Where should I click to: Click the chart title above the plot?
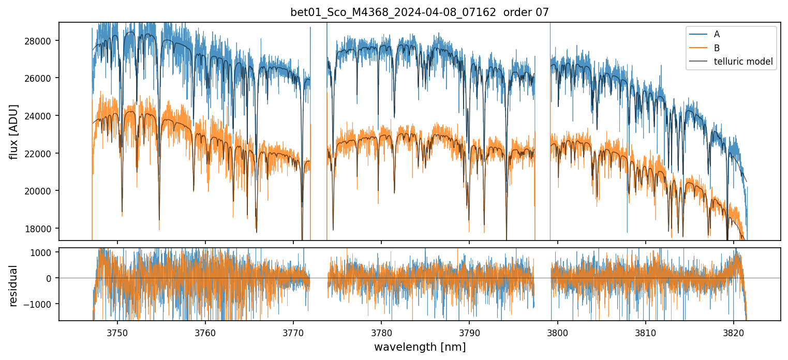click(x=419, y=12)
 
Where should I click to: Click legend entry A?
click(x=717, y=34)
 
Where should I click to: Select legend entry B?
click(x=717, y=48)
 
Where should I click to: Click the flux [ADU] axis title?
click(x=14, y=131)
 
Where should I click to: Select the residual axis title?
click(x=14, y=285)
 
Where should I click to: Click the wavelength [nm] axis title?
click(x=420, y=347)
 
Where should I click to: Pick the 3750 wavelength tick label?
click(x=117, y=331)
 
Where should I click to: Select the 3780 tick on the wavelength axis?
click(x=381, y=331)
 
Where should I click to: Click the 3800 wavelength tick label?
click(x=557, y=331)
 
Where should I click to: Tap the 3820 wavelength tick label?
click(x=733, y=331)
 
